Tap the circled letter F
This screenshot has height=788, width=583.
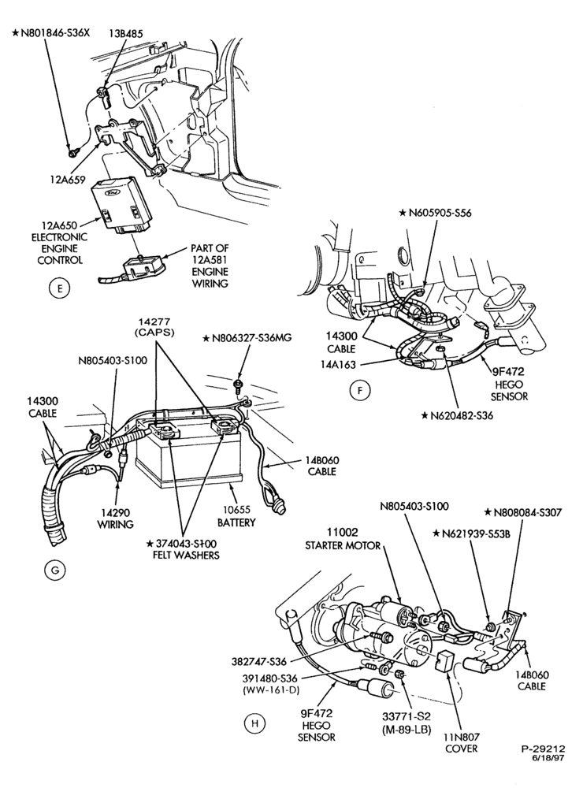[x=360, y=391]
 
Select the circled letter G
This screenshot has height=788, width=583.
[x=55, y=570]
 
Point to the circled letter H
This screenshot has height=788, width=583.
[x=254, y=723]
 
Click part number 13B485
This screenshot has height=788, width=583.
[x=126, y=34]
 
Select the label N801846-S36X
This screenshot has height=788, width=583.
[x=50, y=34]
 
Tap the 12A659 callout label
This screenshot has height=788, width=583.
[x=68, y=179]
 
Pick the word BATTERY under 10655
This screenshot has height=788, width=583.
[x=236, y=522]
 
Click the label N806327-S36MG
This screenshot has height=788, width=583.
[x=247, y=338]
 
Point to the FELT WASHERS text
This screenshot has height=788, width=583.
[x=186, y=556]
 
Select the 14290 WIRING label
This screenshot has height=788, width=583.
[x=116, y=519]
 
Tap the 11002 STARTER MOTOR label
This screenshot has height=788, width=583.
[x=343, y=539]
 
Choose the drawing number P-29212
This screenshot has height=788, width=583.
[x=544, y=749]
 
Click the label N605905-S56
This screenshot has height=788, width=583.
[x=435, y=213]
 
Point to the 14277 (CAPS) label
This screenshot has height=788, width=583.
[x=156, y=327]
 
